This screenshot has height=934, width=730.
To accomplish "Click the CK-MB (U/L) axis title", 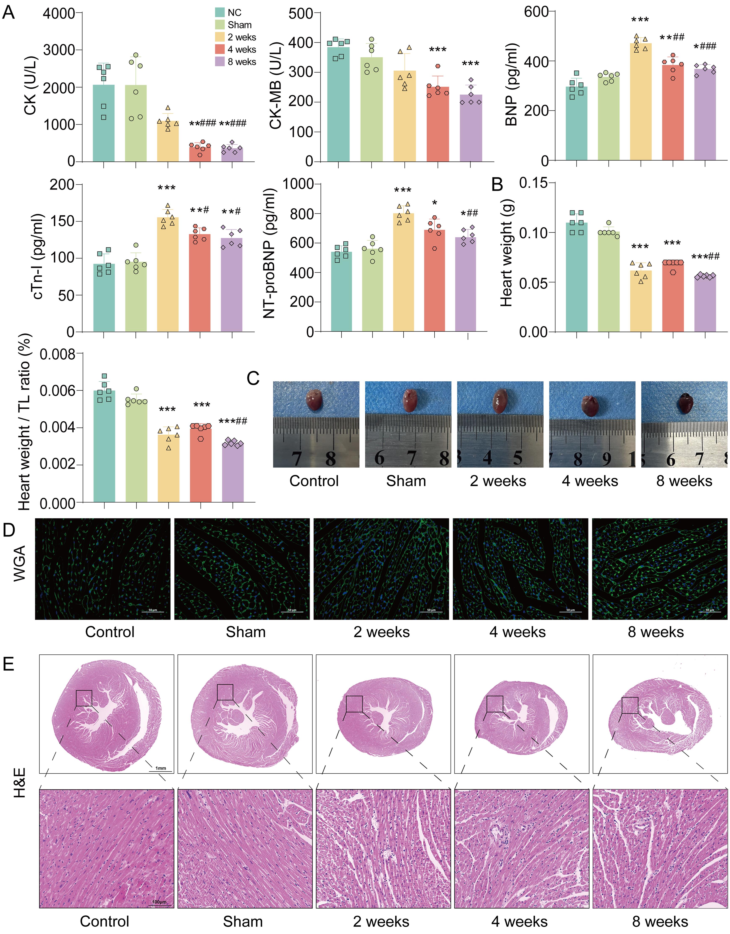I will click(276, 85).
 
